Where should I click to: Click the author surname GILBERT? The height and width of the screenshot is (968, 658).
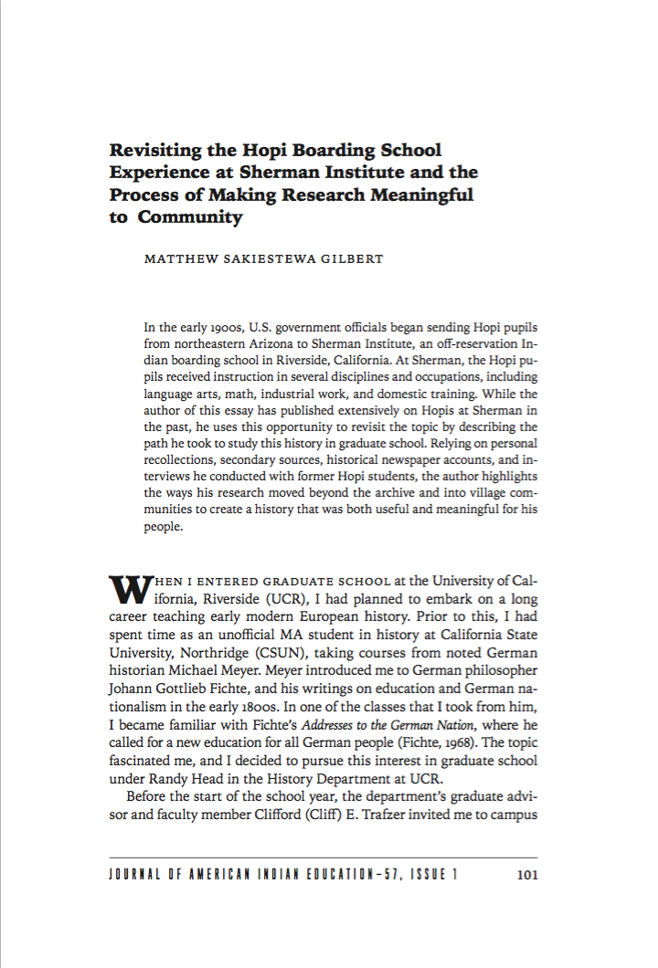coord(353,259)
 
